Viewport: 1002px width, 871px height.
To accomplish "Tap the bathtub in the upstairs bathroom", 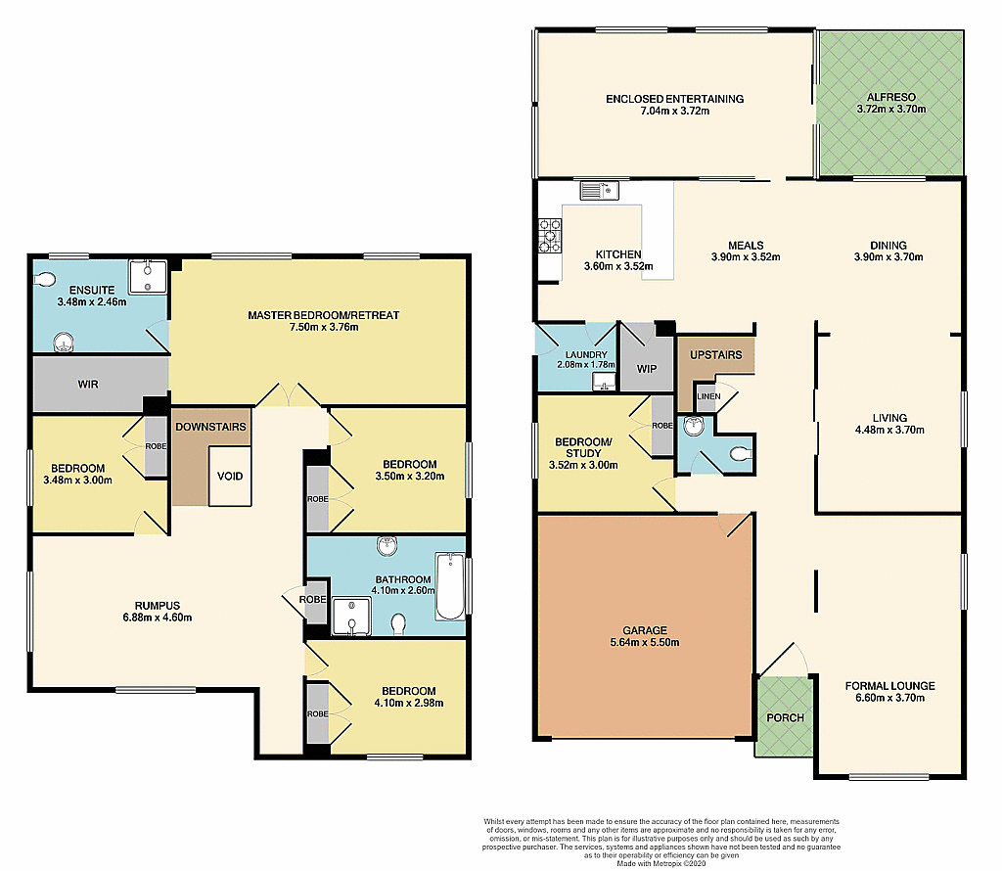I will pyautogui.click(x=450, y=586).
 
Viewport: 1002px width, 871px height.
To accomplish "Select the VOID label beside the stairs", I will pyautogui.click(x=231, y=477).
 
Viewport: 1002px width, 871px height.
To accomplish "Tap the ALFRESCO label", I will pyautogui.click(x=889, y=98).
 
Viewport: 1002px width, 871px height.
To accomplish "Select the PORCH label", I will pyautogui.click(x=785, y=717).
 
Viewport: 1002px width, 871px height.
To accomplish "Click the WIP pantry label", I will pyautogui.click(x=645, y=369).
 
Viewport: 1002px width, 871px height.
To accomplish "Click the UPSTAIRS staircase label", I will pyautogui.click(x=716, y=354).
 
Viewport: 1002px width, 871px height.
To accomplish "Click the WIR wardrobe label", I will pyautogui.click(x=88, y=385).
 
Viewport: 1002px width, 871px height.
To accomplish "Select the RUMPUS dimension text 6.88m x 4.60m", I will pyautogui.click(x=158, y=618).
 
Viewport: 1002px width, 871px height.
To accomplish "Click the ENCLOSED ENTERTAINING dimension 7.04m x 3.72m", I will pyautogui.click(x=674, y=112).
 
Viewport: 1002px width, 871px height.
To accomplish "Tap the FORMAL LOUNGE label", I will pyautogui.click(x=889, y=685).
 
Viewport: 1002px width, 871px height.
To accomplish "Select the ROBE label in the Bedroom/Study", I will pyautogui.click(x=663, y=426).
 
